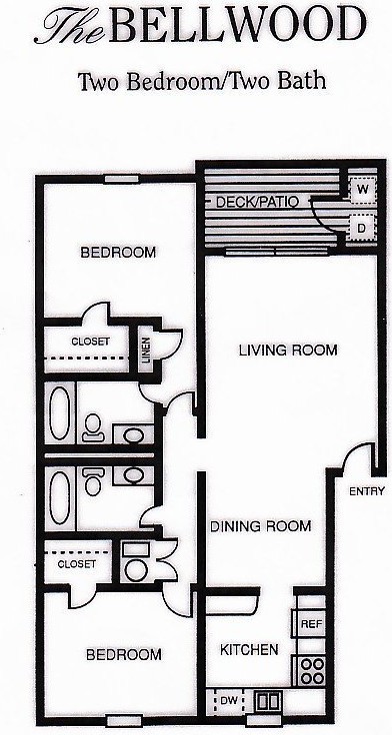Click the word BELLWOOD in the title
237,25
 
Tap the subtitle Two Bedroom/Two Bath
202,81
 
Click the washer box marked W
360,188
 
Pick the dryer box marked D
360,229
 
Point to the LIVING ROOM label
287,351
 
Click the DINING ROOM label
260,525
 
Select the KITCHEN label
249,650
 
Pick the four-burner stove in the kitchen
310,668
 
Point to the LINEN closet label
145,353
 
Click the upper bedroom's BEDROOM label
117,253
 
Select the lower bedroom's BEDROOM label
123,655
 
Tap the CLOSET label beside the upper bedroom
90,342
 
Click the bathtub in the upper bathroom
59,413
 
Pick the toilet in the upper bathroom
93,428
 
